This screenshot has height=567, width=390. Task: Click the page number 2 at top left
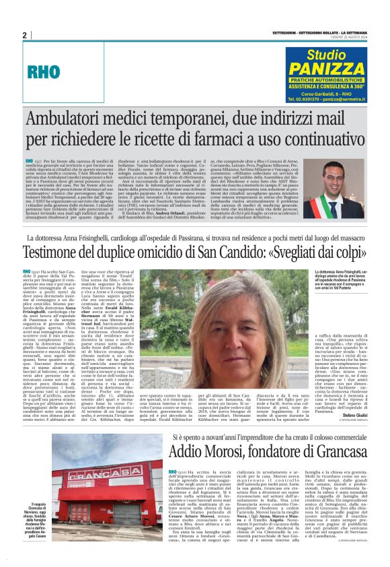click(x=25, y=35)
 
